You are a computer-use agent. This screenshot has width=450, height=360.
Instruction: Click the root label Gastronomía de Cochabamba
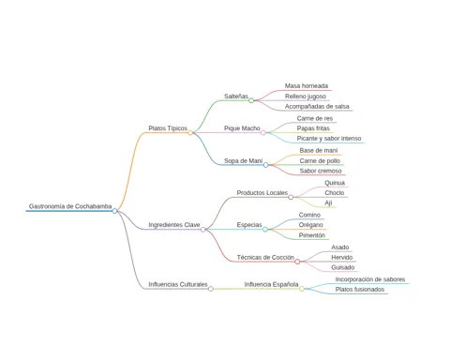click(70, 206)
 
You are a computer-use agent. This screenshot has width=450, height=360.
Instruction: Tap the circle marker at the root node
click(114, 211)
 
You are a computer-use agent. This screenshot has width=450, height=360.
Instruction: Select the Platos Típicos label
click(168, 128)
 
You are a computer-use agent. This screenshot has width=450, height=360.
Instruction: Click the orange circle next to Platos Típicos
click(190, 133)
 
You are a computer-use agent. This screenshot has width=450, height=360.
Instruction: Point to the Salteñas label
click(236, 97)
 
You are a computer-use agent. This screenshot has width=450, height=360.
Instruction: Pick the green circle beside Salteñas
click(251, 100)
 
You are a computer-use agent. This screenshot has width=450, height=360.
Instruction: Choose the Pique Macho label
click(242, 128)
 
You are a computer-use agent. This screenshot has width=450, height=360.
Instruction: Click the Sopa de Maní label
click(243, 161)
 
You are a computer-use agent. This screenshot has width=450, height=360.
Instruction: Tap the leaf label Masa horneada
click(307, 86)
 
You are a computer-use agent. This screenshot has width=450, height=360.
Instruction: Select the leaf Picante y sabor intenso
click(329, 139)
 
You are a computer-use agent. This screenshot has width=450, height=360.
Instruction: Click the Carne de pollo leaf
click(320, 161)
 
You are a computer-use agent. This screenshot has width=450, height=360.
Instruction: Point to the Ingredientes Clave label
click(174, 225)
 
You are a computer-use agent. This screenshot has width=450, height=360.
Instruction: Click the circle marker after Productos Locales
click(291, 197)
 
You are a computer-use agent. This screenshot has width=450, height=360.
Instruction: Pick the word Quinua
click(335, 183)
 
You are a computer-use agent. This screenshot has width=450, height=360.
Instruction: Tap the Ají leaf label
click(328, 203)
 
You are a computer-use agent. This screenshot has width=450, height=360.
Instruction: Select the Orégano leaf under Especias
click(311, 225)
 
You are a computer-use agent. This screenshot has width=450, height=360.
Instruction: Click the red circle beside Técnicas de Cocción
click(297, 262)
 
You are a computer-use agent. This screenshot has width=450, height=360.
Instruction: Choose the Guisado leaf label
click(343, 267)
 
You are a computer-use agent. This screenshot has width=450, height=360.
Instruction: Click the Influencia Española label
click(271, 284)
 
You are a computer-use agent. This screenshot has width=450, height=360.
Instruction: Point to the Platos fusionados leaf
click(360, 290)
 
